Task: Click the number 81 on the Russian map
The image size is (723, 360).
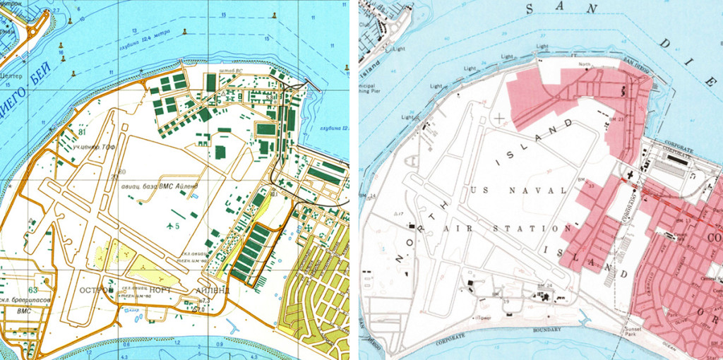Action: [x=83, y=131]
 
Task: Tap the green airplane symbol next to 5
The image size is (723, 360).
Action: [x=170, y=225]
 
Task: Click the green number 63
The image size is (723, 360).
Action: [x=32, y=289]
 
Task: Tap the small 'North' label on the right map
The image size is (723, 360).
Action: [x=584, y=65]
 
